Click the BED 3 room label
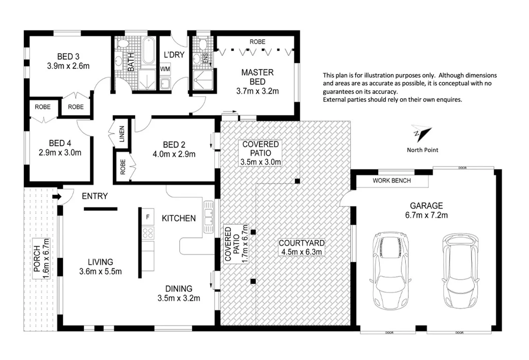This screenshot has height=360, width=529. point(68,57)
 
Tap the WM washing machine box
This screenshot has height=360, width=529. point(165,69)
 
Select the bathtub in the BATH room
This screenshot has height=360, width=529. point(148,51)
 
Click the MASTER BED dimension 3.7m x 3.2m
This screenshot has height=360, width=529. point(257,91)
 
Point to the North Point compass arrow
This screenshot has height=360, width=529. point(422,133)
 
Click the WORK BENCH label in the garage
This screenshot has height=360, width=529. point(391,181)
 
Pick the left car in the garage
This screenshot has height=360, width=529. point(390,270)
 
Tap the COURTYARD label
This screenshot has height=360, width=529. point(301,243)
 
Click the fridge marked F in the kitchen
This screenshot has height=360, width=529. point(148,217)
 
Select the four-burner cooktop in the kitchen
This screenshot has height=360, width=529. point(148,232)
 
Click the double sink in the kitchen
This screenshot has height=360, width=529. point(209,217)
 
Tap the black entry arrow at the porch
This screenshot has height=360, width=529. point(57,196)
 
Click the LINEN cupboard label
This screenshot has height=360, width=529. point(122,134)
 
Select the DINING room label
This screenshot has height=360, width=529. point(179,289)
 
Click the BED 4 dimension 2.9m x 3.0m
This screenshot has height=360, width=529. point(60,153)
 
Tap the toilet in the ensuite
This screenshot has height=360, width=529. point(202,43)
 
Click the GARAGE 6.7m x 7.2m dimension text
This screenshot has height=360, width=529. point(426,215)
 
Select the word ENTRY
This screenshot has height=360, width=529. point(95,196)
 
